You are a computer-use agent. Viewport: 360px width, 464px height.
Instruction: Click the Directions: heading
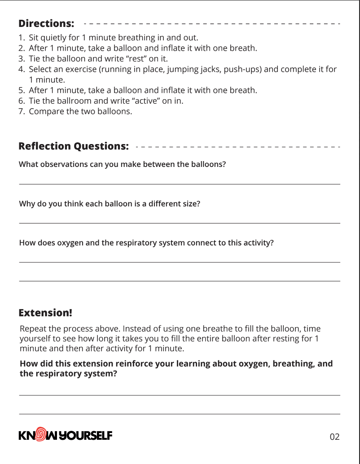46,23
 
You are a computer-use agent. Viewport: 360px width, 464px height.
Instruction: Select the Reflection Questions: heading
74,146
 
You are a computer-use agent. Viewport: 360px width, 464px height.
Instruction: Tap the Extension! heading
45,312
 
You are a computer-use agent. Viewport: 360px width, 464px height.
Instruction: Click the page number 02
335,437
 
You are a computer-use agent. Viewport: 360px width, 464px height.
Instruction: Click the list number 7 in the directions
21,111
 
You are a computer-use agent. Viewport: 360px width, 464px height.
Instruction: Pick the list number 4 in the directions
21,69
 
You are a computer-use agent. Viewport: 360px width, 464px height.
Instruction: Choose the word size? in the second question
190,204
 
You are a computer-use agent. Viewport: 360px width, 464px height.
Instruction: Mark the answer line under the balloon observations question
179,184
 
